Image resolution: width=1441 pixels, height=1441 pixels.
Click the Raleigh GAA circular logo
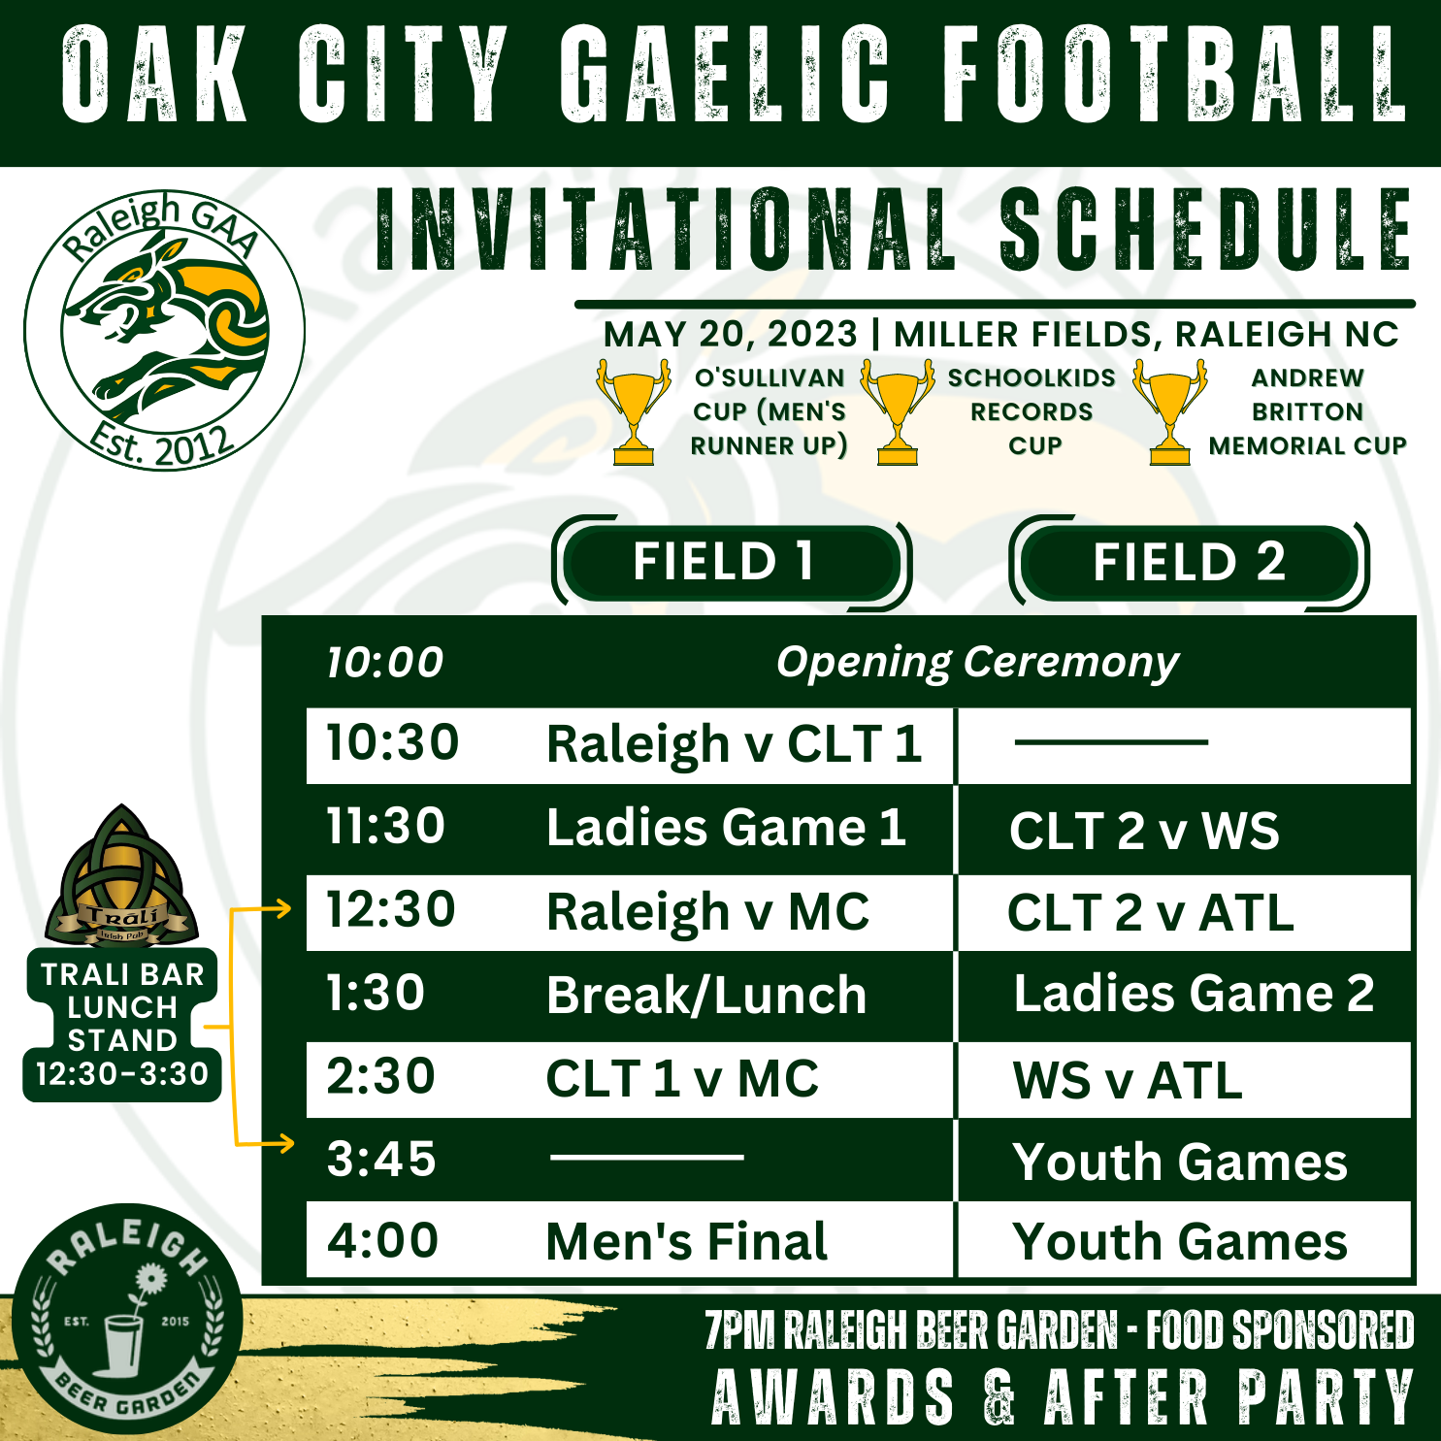coord(164,331)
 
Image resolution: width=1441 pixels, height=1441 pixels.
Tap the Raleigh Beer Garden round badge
coord(127,1319)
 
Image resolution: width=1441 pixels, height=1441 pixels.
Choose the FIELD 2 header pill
coord(1190,563)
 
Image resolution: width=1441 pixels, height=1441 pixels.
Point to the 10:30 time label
coord(392,743)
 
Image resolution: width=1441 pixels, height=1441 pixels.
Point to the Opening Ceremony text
coord(977,664)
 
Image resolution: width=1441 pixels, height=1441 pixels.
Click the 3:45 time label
coord(381,1160)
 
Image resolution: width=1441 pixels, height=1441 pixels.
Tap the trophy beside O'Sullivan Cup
coord(634,411)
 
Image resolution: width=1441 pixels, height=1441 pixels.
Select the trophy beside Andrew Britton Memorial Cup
coord(1170,411)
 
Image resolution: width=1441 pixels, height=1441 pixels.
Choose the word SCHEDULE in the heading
coord(1205,230)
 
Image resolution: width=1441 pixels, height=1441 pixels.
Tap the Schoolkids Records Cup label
coord(1032,411)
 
